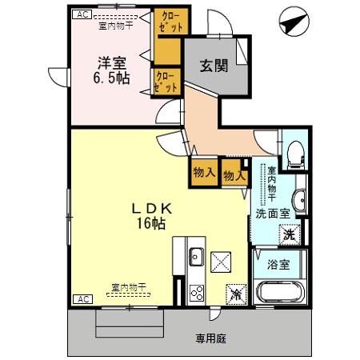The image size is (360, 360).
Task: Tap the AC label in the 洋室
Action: point(80,14)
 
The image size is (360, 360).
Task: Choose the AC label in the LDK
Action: point(80,298)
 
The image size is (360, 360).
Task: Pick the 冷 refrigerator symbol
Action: point(235,293)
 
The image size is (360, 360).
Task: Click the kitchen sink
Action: point(197,258)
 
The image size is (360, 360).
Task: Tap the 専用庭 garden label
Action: point(212,338)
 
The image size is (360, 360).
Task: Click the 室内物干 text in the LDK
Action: point(128,286)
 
